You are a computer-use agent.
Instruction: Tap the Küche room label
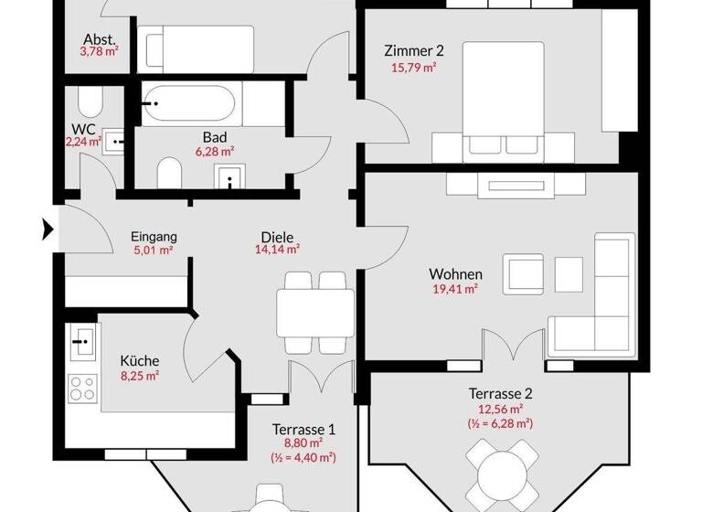(x=140, y=360)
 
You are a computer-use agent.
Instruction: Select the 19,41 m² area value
(x=455, y=289)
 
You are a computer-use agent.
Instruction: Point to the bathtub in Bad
(x=191, y=105)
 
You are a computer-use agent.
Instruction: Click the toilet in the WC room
(x=90, y=101)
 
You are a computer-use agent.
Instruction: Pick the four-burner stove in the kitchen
(x=83, y=389)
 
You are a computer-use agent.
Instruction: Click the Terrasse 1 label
(x=303, y=428)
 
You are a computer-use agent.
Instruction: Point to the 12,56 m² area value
(x=500, y=409)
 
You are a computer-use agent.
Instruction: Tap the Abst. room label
(x=99, y=39)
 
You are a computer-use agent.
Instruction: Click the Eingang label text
(x=154, y=237)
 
